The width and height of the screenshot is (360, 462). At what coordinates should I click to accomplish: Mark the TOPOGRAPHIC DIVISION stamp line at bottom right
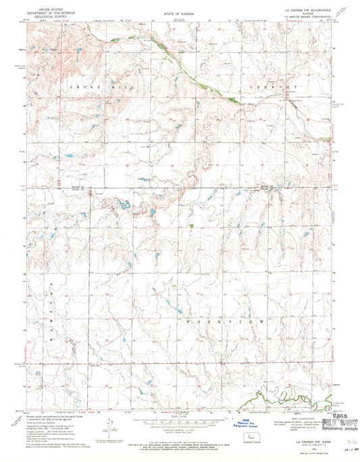tap(339, 409)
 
